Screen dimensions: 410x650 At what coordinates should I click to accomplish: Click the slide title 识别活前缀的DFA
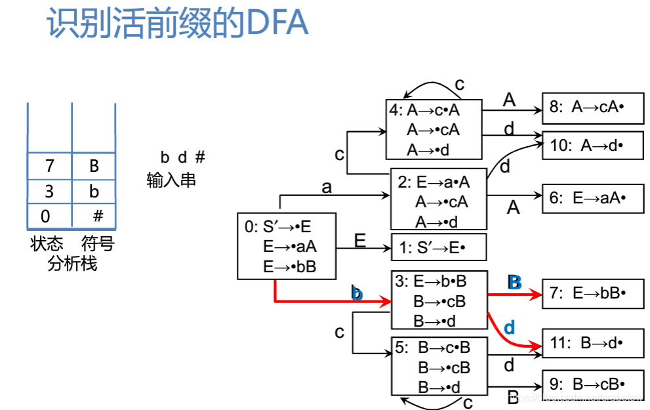pos(177,24)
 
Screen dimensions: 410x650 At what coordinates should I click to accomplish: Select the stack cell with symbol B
pos(94,166)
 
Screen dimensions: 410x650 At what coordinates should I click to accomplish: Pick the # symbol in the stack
pos(98,216)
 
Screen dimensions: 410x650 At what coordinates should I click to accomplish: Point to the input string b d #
pos(183,157)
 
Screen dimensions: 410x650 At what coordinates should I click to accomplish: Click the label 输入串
pos(171,180)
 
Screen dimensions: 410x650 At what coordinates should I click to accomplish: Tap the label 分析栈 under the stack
pos(72,264)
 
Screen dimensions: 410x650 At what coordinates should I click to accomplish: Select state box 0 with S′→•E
pos(286,246)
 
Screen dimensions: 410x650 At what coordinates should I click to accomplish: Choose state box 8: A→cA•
pos(592,108)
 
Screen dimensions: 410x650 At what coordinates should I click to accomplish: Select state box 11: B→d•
pos(592,343)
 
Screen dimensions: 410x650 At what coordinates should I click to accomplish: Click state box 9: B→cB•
pos(592,384)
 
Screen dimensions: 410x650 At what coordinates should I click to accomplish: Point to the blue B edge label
pos(514,282)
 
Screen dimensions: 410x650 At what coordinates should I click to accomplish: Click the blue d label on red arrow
pos(509,327)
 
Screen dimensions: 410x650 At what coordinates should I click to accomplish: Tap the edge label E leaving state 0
pos(360,241)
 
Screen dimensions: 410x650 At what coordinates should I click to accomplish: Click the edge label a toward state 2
pos(327,188)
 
